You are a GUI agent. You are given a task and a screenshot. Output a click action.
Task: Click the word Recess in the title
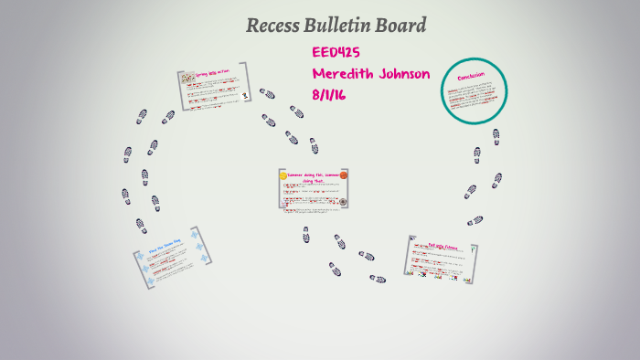point(272,26)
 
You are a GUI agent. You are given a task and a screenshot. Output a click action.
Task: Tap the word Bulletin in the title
point(336,26)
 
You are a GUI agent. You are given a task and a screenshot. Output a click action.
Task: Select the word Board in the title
point(401,26)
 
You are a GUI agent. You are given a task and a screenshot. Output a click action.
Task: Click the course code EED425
point(336,53)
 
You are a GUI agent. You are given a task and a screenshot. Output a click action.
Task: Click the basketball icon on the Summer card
point(343,175)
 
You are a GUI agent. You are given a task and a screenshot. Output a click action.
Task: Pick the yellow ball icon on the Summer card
point(283,175)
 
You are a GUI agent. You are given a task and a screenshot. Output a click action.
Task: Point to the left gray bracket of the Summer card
point(280,189)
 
